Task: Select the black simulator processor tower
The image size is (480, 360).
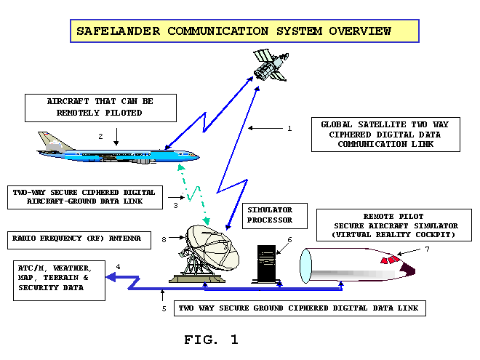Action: pyautogui.click(x=266, y=264)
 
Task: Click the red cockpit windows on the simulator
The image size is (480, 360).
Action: pyautogui.click(x=391, y=260)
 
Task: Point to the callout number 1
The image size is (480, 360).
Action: pyautogui.click(x=289, y=129)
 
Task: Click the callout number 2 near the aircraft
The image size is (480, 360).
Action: pyautogui.click(x=100, y=137)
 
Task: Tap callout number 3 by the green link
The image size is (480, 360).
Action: pyautogui.click(x=175, y=205)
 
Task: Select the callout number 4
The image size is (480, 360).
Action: pyautogui.click(x=118, y=267)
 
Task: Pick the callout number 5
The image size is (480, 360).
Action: pyautogui.click(x=164, y=308)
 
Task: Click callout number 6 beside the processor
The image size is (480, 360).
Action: pyautogui.click(x=289, y=240)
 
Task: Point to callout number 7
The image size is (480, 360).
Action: pyautogui.click(x=428, y=249)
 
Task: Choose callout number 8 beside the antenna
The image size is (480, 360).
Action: pyautogui.click(x=164, y=239)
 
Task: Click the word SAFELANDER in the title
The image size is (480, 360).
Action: pyautogui.click(x=118, y=31)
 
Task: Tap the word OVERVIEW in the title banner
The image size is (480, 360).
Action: pyautogui.click(x=360, y=31)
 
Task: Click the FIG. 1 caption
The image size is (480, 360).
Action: pyautogui.click(x=211, y=340)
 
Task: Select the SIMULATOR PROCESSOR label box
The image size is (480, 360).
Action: pyautogui.click(x=275, y=216)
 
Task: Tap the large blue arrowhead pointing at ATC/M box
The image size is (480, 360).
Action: pyautogui.click(x=111, y=277)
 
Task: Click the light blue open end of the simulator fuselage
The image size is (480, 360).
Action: pyautogui.click(x=305, y=265)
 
